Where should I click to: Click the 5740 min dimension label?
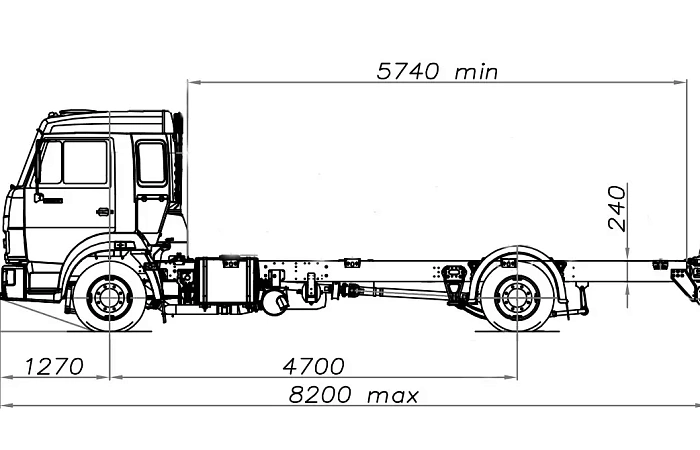pos(437,71)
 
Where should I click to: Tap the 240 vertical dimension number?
pos(617,208)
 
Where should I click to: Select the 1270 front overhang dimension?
pos(54,367)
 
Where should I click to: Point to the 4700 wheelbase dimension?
pos(313,366)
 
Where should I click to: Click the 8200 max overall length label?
pos(354,395)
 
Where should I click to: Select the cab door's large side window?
pos(85,162)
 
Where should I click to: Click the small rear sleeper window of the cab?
pos(151,162)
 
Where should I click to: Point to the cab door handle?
pos(104,212)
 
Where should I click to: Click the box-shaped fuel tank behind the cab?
pos(227,282)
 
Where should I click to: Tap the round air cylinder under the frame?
pos(275,301)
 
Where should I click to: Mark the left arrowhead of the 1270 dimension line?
pos(7,377)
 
